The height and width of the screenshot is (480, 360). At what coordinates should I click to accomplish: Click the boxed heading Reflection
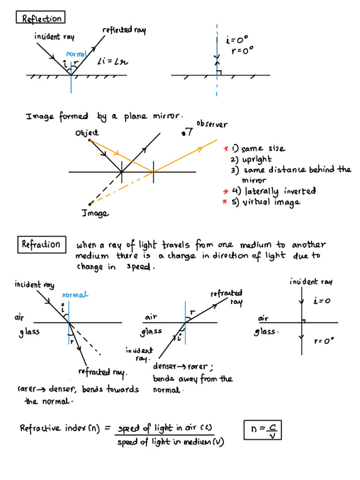[x=41, y=18]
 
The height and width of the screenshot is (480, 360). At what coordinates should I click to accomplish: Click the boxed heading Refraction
[x=41, y=244]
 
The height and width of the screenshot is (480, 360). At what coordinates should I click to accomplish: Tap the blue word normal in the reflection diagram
[x=76, y=54]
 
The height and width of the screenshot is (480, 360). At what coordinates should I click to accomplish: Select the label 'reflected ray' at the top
[x=124, y=30]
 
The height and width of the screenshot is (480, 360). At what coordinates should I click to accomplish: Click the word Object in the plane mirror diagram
[x=87, y=133]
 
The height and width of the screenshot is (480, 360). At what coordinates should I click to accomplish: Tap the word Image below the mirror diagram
[x=95, y=213]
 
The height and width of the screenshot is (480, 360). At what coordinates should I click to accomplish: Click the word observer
[x=212, y=125]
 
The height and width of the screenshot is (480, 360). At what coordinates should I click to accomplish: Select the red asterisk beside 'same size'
[x=225, y=149]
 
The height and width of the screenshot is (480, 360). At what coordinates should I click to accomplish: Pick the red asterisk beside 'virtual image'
[x=225, y=202]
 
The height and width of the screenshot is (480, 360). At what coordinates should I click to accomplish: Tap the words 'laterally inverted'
[x=280, y=191]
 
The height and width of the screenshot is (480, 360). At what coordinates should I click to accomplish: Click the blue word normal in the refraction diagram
[x=75, y=295]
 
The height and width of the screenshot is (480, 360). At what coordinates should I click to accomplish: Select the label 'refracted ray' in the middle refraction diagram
[x=227, y=297]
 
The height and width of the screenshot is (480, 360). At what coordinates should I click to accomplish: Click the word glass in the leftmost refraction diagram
[x=29, y=332]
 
